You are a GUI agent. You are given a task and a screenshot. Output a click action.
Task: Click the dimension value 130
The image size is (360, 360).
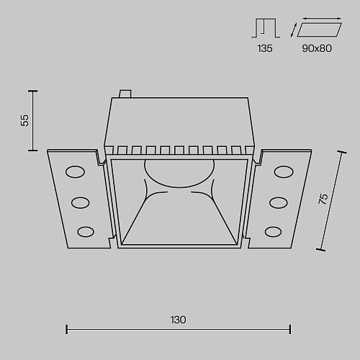178,320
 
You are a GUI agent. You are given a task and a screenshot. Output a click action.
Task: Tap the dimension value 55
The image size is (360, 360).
24,120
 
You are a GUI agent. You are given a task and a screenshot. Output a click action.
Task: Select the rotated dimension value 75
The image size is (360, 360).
323,199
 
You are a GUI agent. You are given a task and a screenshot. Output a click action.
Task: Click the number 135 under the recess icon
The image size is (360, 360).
265,48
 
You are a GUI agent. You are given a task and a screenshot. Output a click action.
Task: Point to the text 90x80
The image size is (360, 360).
317,48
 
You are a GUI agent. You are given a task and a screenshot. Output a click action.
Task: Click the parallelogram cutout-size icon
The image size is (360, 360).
319,30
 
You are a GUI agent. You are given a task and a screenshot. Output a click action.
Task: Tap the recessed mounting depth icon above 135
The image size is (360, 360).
266,28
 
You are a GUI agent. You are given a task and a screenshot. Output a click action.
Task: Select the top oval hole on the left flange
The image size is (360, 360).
75,172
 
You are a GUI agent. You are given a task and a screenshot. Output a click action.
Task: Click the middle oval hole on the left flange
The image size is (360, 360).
80,203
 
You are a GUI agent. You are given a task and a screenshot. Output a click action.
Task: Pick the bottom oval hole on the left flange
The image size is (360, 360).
86,232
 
